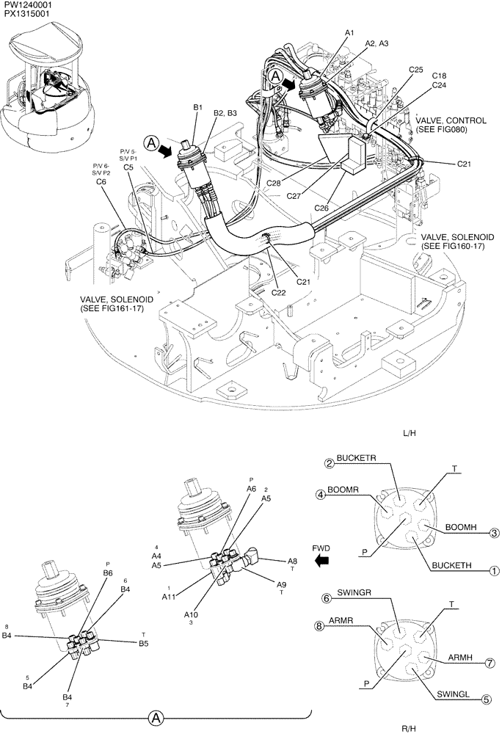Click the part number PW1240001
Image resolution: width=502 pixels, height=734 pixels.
26,5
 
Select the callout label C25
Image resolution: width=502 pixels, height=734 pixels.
415,70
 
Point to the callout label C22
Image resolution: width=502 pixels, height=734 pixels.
279,292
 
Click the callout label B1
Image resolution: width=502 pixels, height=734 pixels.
197,107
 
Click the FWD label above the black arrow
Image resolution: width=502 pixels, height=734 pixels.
321,548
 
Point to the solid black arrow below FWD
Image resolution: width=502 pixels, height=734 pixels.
320,562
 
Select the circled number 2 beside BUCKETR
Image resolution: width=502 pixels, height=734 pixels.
330,463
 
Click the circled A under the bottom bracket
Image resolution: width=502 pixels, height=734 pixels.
156,719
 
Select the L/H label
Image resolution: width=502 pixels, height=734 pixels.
410,434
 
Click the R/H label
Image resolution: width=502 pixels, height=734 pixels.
410,727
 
